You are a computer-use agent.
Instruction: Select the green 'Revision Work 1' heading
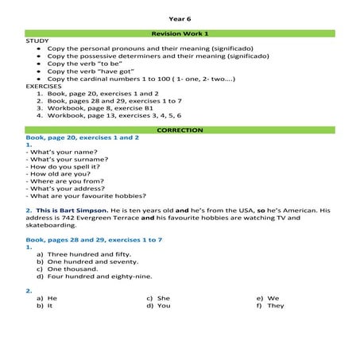[x=180, y=33]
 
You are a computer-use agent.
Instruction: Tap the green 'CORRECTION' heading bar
[x=180, y=130]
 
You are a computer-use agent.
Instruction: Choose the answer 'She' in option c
[x=164, y=298]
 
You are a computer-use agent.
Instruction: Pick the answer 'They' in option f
[x=276, y=305]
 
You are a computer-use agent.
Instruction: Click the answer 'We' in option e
[x=273, y=298]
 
